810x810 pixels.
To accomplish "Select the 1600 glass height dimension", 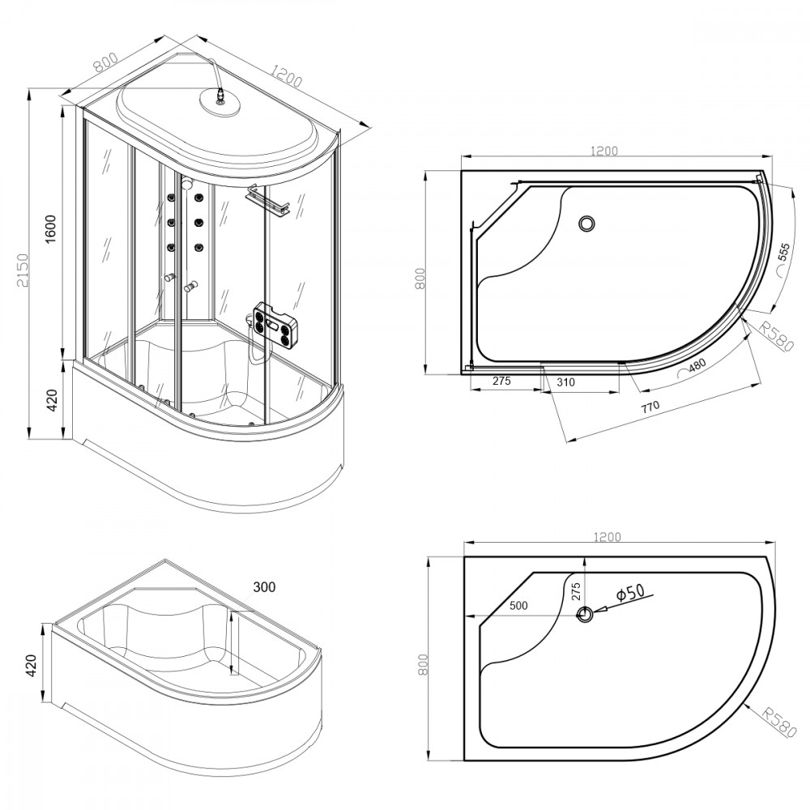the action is pyautogui.click(x=50, y=228).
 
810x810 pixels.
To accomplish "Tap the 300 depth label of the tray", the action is pyautogui.click(x=264, y=587).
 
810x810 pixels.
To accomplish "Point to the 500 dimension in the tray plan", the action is pyautogui.click(x=518, y=605).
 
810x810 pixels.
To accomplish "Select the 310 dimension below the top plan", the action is pyautogui.click(x=565, y=382).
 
